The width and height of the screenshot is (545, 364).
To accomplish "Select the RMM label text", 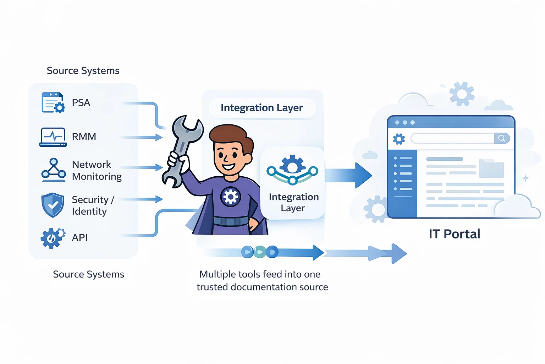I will pos(84,136).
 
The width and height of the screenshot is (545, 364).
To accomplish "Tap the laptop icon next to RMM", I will pos(53,137).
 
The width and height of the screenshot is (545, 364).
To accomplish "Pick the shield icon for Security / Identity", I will pos(53,205).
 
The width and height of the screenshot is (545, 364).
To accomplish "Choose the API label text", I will pos(80,237).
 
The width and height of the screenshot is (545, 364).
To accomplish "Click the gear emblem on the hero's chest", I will pos(231,197).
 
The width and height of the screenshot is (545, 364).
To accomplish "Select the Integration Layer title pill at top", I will pos(262,108).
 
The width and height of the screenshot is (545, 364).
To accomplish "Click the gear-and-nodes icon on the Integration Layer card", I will pos(292,170).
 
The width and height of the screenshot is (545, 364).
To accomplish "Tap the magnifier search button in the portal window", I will pos(502,138).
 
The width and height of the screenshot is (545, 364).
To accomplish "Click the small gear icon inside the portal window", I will pos(399,139).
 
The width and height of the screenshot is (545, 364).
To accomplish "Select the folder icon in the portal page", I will pos(491,168).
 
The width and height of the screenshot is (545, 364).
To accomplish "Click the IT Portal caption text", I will pos(454,234).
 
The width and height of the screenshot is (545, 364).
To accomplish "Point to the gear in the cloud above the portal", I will pos(462,94).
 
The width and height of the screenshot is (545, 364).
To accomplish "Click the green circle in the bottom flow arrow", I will pos(260,252).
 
